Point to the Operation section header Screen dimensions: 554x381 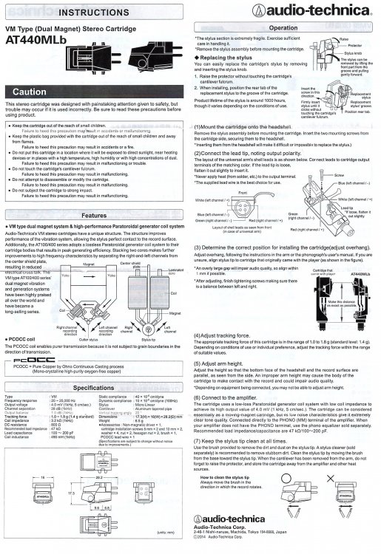[284, 25]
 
